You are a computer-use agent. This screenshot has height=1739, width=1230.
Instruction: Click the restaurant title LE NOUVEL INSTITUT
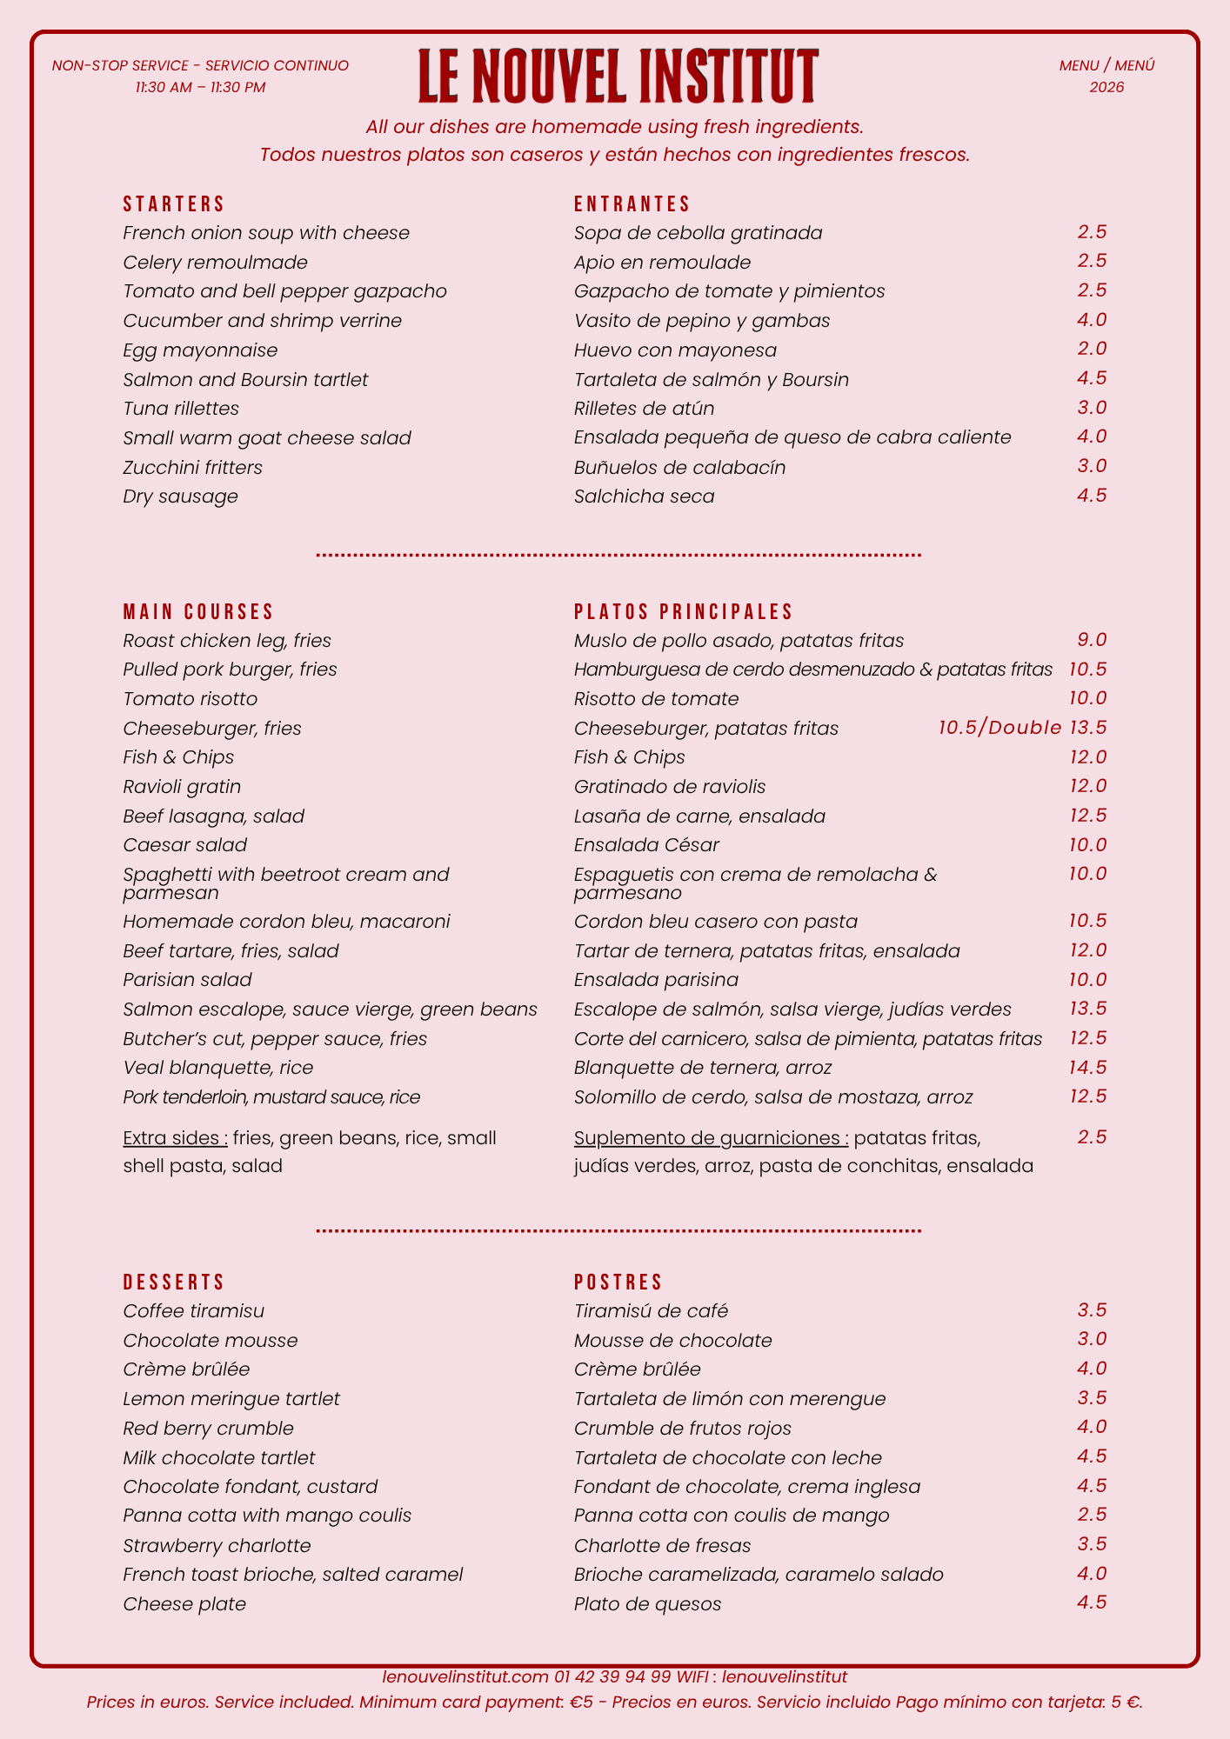(618, 76)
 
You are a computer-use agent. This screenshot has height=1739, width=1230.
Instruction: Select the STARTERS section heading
(174, 204)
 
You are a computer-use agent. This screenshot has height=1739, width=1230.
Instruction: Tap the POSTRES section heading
(618, 1283)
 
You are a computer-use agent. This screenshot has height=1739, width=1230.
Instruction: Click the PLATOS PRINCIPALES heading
(684, 612)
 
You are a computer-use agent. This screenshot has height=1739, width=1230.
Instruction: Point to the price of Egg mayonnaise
(1092, 349)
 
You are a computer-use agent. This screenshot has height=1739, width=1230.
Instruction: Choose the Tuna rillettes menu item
(181, 409)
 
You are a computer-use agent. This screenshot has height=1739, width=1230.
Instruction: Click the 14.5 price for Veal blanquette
(1087, 1067)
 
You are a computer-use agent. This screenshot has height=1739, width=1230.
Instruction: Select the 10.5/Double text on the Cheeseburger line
(999, 728)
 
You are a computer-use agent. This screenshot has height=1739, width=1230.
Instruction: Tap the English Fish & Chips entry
(178, 757)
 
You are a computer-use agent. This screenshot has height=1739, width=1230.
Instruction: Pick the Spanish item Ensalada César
(646, 845)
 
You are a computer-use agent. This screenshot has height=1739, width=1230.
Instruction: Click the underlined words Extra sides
(176, 1138)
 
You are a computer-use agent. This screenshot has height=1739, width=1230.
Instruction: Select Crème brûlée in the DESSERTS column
(186, 1369)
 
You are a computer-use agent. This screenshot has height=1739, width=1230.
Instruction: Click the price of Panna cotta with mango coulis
(1092, 1515)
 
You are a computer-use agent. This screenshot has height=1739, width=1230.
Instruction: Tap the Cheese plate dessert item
(184, 1604)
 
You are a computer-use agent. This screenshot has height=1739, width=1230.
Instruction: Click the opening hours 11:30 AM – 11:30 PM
(201, 88)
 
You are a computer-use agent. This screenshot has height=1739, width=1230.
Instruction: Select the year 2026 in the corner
(1106, 88)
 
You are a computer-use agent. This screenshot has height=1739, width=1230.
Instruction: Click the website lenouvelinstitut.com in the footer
(465, 1676)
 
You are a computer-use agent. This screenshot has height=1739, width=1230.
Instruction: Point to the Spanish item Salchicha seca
(644, 496)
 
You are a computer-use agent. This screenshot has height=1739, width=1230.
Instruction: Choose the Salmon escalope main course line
(330, 1009)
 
